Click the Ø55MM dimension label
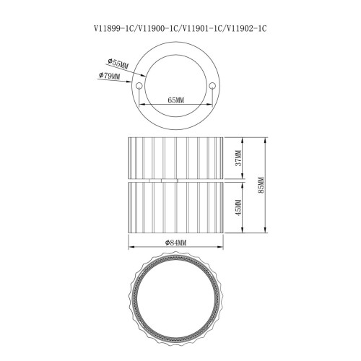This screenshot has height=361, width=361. point(118,64)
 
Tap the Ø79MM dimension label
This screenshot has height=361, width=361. point(109,76)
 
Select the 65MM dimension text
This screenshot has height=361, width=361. point(175,100)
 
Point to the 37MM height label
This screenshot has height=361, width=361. point(238,158)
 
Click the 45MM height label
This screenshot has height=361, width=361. point(238,207)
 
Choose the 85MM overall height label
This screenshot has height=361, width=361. point(261,186)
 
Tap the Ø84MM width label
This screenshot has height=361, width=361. point(175,243)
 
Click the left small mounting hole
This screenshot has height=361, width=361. point(139,85)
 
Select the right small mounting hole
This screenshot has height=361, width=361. point(212,85)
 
